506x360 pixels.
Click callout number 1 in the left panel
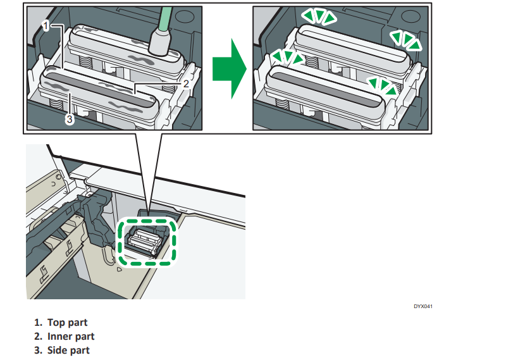coord(46,25)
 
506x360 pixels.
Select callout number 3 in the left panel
coord(71,117)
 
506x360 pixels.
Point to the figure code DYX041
coord(423,307)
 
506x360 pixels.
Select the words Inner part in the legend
coord(71,337)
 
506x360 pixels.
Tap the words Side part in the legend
coord(68,350)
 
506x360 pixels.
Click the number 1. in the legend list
coord(39,323)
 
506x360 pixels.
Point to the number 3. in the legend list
coord(39,350)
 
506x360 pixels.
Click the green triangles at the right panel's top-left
coord(318,17)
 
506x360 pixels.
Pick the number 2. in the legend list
coord(39,337)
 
